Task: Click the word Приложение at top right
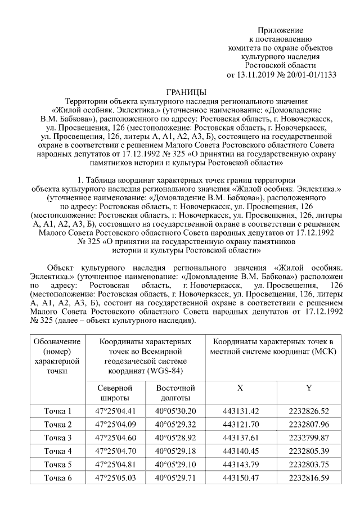pyautogui.click(x=280, y=29)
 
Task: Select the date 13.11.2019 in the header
pyautogui.click(x=255, y=74)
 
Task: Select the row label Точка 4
pyautogui.click(x=58, y=451)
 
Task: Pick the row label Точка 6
pyautogui.click(x=58, y=478)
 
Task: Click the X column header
pyautogui.click(x=241, y=388)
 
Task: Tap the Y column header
pyautogui.click(x=309, y=388)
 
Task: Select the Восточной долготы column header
pyautogui.click(x=175, y=393)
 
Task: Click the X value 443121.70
pyautogui.click(x=241, y=424)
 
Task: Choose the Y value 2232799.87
pyautogui.click(x=309, y=438)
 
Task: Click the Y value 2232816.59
pyautogui.click(x=309, y=478)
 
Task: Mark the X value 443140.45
pyautogui.click(x=241, y=451)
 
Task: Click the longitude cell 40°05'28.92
pyautogui.click(x=175, y=438)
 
